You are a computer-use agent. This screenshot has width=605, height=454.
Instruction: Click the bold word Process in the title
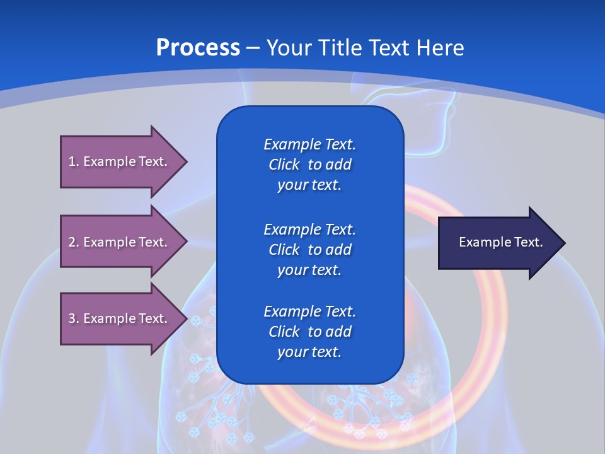pos(198,48)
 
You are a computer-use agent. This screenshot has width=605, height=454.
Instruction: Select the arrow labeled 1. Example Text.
pos(120,161)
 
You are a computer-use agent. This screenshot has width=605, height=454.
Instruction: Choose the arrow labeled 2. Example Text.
pos(120,242)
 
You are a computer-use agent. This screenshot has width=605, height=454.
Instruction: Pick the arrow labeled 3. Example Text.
pos(120,318)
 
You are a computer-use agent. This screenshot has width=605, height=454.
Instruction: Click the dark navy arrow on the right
pos(498,243)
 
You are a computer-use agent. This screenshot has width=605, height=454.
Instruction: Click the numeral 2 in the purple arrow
pos(72,242)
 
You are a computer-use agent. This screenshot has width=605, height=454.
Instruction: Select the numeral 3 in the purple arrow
pos(72,318)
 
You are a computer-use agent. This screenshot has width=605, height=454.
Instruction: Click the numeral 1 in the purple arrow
pos(72,161)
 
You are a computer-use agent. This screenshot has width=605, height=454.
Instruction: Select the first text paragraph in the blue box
pos(309,165)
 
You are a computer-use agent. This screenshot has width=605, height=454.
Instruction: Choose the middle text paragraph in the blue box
pos(309,250)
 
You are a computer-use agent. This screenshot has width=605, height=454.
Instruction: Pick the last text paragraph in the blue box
pos(309,332)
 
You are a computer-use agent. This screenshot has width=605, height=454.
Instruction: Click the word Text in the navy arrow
pos(529,242)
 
